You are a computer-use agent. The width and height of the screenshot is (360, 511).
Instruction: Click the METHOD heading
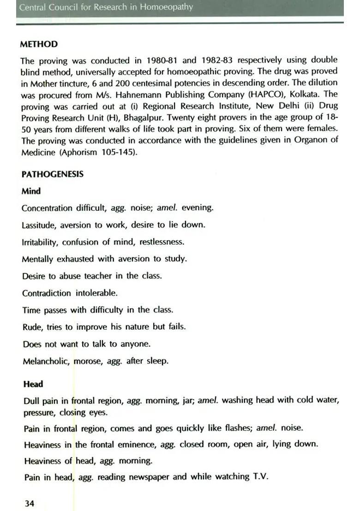coord(39,44)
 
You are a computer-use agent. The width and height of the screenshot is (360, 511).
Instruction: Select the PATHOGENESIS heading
coord(53,174)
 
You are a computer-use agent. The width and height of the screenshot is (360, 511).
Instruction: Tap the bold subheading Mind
coord(31,191)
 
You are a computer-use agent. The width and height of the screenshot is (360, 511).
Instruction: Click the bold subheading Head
coord(33,384)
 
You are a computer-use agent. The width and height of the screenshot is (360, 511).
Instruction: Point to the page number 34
coord(29,503)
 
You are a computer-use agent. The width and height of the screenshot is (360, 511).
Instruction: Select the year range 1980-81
coord(162,60)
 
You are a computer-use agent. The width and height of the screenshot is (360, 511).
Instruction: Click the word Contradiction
coord(46,293)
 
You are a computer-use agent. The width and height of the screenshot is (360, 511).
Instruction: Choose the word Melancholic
coord(46,361)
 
